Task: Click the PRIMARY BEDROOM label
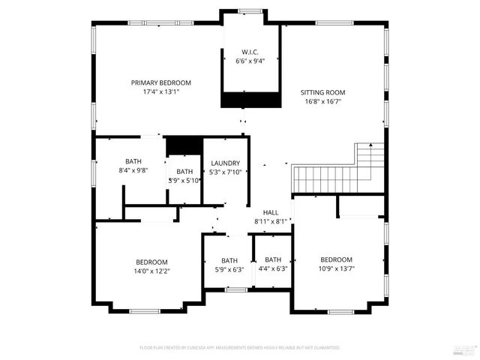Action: pyautogui.click(x=160, y=82)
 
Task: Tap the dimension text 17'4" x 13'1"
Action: pyautogui.click(x=160, y=91)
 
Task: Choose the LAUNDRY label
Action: pyautogui.click(x=225, y=163)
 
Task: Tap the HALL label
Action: pyautogui.click(x=271, y=212)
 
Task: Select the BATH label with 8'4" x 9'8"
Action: pyautogui.click(x=133, y=161)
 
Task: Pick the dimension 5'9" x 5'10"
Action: pyautogui.click(x=184, y=180)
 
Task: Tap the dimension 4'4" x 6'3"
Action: pyautogui.click(x=272, y=268)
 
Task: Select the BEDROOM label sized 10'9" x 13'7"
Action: pyautogui.click(x=336, y=259)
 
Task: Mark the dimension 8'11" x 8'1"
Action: pyautogui.click(x=271, y=221)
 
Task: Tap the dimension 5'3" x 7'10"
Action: pyautogui.click(x=225, y=172)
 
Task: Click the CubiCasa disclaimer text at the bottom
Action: pyautogui.click(x=240, y=348)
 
